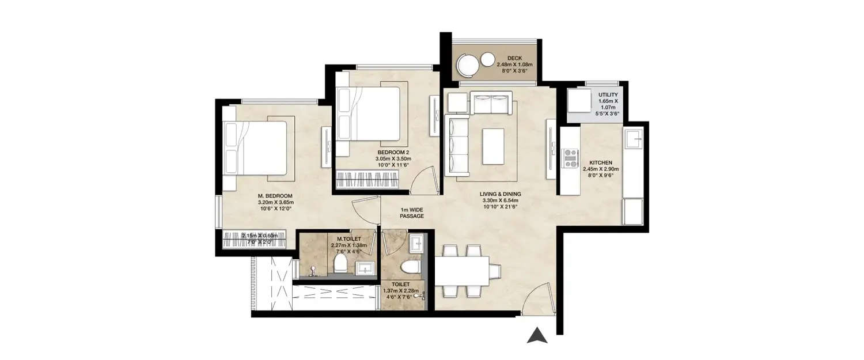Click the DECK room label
click(x=515, y=58)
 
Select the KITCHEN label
click(x=600, y=163)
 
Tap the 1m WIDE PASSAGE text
click(x=412, y=213)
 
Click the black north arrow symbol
click(x=536, y=335)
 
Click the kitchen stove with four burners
click(x=570, y=158)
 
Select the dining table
click(x=467, y=271)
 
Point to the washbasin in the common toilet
click(x=416, y=244)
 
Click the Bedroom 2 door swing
click(x=425, y=179)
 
